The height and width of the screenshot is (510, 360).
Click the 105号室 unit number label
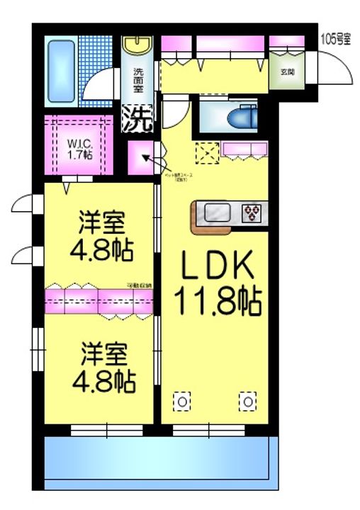(336, 40)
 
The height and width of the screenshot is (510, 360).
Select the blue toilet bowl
(245, 116)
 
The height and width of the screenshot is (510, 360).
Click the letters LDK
(217, 266)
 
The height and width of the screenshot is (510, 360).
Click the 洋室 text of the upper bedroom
(102, 224)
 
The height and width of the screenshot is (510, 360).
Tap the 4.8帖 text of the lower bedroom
(104, 380)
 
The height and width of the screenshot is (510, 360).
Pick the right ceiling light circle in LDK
(249, 402)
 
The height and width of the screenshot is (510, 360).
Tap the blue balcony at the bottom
(158, 460)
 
